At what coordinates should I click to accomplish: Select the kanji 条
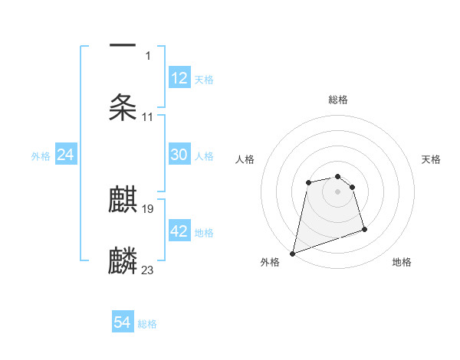(x=123, y=107)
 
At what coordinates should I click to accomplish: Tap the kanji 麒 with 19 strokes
(x=123, y=201)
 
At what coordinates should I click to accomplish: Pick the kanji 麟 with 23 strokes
(x=123, y=260)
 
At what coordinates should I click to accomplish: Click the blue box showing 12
(x=179, y=77)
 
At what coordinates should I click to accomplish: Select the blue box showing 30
(x=179, y=155)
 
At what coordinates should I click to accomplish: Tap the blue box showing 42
(x=179, y=231)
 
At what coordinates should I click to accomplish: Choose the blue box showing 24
(x=65, y=155)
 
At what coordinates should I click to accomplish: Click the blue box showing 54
(x=122, y=323)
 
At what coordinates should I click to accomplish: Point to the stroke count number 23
(x=148, y=270)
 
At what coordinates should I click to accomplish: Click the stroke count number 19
(x=148, y=208)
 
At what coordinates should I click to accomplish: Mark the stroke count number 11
(x=148, y=117)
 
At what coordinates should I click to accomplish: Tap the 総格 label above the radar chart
(x=338, y=100)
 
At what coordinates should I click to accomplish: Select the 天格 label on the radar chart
(x=431, y=159)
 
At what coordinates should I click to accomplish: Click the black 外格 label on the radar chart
(x=270, y=262)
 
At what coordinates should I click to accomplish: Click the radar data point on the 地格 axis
(x=364, y=229)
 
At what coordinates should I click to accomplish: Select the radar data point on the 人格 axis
(x=308, y=182)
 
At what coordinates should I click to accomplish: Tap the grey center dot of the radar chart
(x=337, y=191)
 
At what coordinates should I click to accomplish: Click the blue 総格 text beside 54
(x=147, y=324)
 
